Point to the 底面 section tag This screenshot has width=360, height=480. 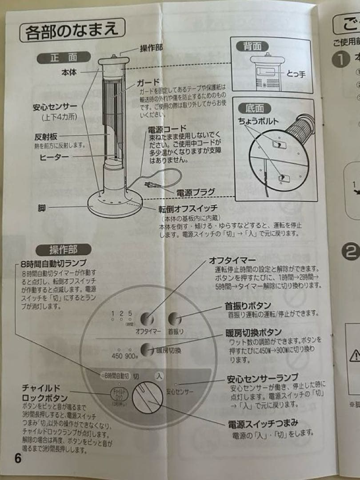(255, 108)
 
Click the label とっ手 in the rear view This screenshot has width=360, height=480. (296, 74)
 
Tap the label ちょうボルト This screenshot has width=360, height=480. (259, 121)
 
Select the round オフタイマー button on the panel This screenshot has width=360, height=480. (147, 319)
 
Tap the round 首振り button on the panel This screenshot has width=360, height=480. (175, 318)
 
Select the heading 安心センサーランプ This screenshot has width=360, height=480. (263, 379)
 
